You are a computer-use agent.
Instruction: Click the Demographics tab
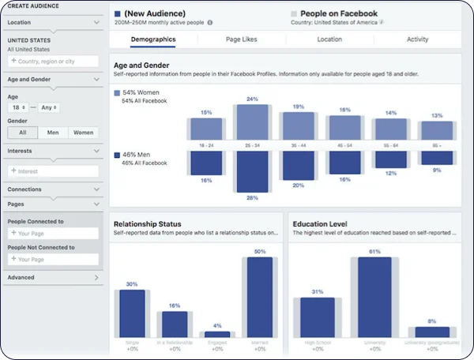[153, 39]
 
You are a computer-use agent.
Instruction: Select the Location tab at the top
[329, 39]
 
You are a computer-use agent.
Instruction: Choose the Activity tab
[417, 39]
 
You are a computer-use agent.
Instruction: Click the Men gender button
[52, 133]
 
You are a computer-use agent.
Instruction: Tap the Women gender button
[84, 133]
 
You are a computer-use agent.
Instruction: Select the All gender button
[23, 133]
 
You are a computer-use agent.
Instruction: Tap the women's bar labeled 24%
[252, 122]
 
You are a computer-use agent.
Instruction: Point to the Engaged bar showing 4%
[216, 334]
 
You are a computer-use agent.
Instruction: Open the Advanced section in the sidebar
[52, 278]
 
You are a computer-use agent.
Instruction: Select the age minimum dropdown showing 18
[18, 107]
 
